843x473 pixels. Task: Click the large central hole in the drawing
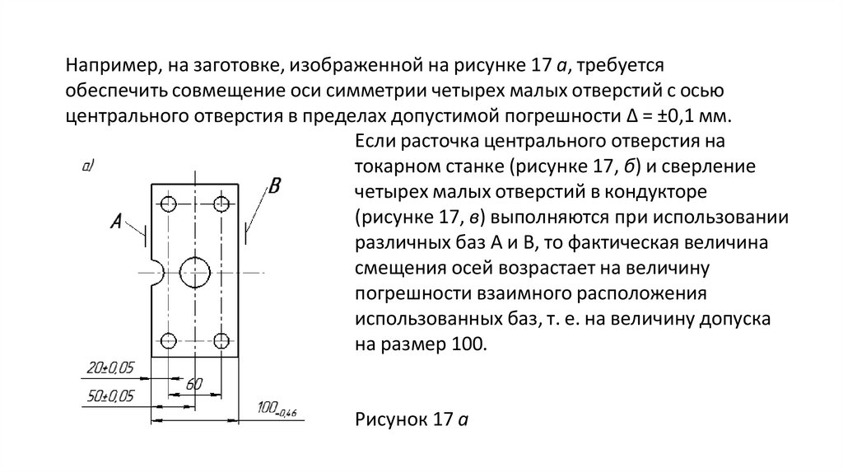point(195,272)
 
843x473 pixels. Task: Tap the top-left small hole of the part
point(170,204)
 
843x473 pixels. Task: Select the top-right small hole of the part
point(221,204)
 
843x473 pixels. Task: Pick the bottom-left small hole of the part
point(170,340)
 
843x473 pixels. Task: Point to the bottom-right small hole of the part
point(221,340)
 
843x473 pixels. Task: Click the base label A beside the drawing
point(117,221)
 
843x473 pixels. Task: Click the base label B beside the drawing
point(275,186)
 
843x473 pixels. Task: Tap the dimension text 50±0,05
point(110,396)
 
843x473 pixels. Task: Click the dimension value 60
point(194,384)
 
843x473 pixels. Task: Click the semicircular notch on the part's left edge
point(156,273)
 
